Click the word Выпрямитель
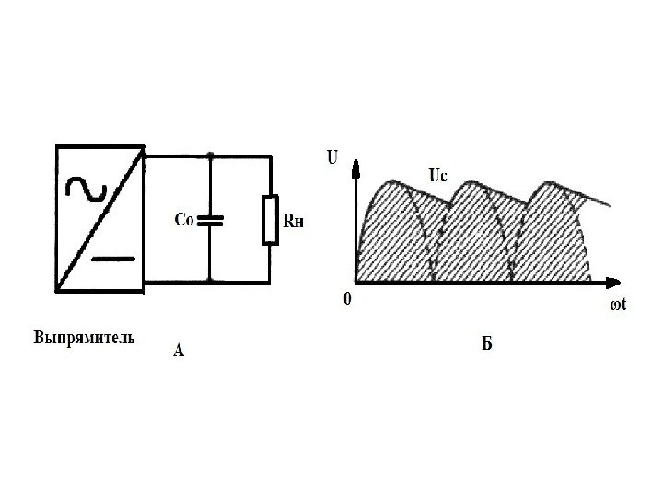(84, 337)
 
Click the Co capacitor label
(185, 220)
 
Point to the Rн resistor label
(293, 221)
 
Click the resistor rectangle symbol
(270, 220)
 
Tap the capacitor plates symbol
(211, 220)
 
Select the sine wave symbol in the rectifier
(86, 188)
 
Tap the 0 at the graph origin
(346, 298)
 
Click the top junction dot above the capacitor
(211, 155)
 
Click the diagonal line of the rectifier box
(99, 218)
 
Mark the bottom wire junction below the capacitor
(211, 281)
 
